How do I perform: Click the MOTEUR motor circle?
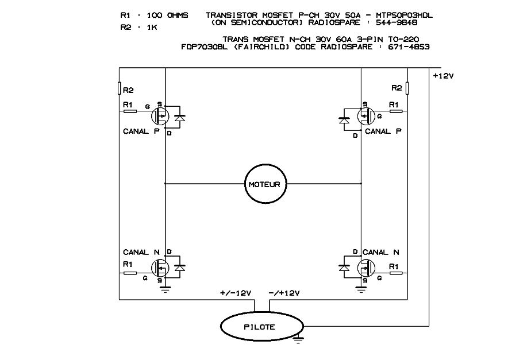pos(264,184)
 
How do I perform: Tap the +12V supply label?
pos(444,75)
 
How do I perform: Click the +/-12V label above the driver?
pos(236,293)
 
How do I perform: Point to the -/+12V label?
pos(284,293)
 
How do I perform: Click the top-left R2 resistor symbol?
pos(120,88)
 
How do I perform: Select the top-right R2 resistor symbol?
pos(407,88)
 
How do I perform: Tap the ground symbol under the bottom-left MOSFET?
pos(166,290)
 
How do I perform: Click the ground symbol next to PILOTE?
pos(298,340)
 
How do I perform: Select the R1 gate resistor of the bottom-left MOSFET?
pos(130,273)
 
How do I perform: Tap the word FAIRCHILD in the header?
pos(267,47)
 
